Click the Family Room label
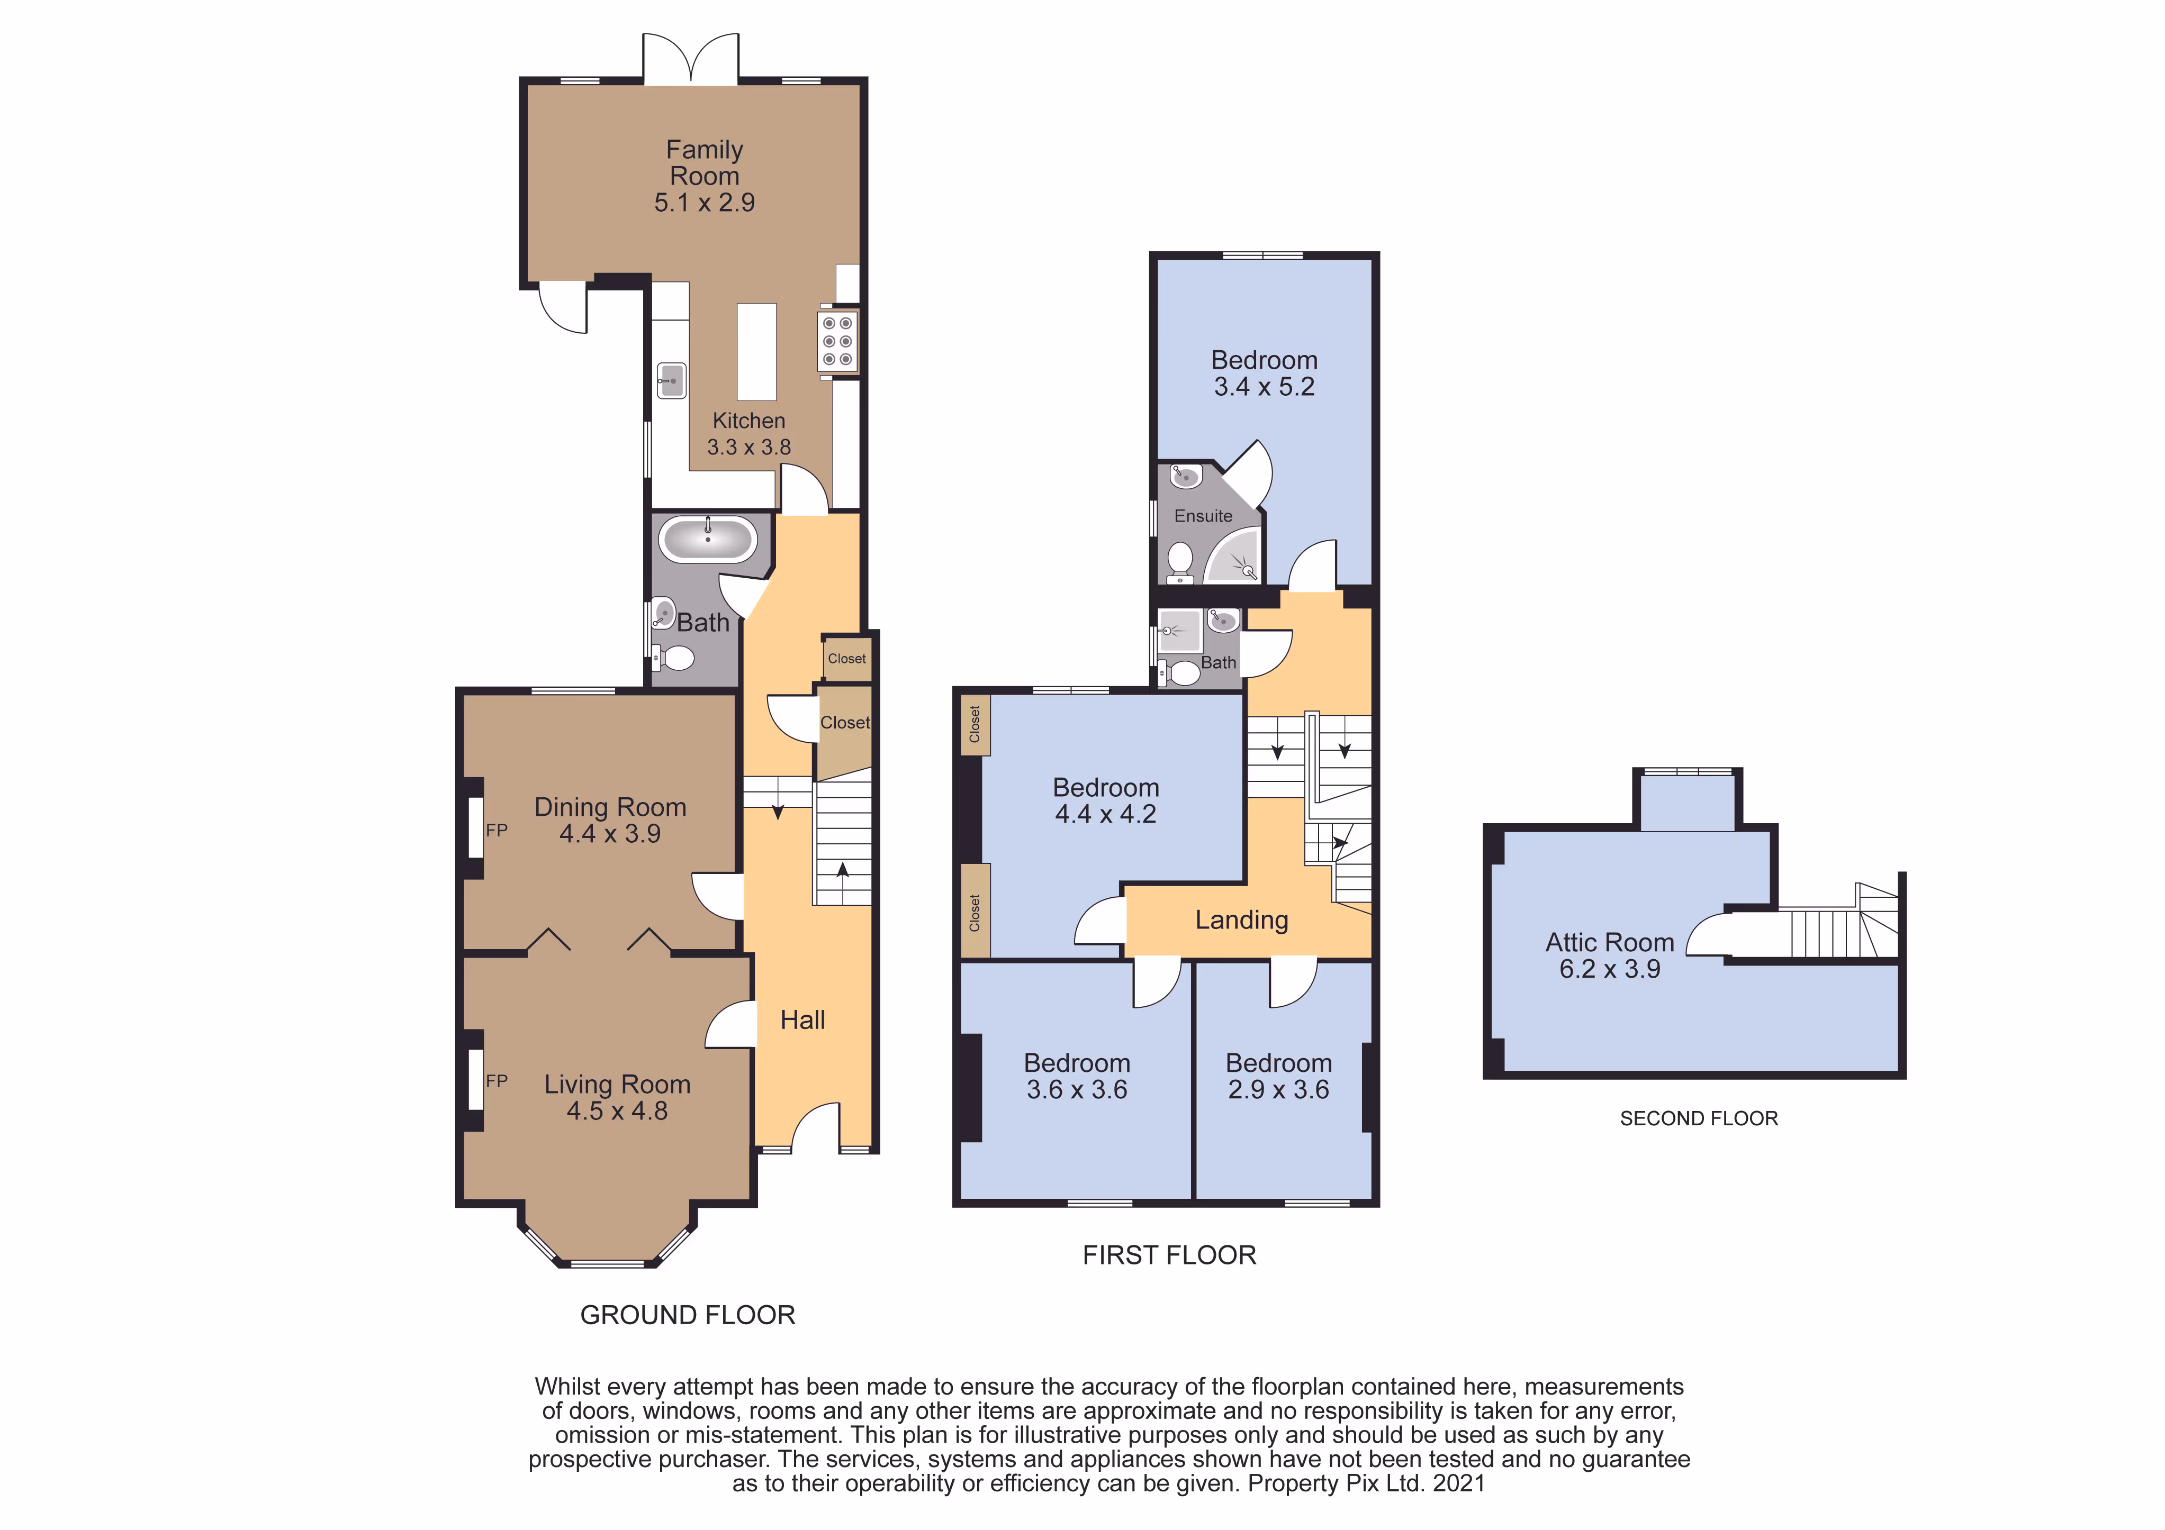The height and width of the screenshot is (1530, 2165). [x=705, y=163]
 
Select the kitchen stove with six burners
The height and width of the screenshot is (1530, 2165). [x=837, y=341]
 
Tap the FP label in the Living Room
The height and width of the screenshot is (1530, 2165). [x=497, y=1081]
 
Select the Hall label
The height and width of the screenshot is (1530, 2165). [x=802, y=1020]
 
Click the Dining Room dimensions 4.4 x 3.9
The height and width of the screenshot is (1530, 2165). [x=610, y=833]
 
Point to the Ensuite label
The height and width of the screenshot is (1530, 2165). [x=1203, y=516]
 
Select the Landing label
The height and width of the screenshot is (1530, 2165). [x=1242, y=920]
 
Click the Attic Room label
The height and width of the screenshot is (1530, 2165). [x=1610, y=943]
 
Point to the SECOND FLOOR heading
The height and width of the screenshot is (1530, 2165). [x=1698, y=1119]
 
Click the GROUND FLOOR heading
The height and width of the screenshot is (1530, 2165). [x=688, y=1315]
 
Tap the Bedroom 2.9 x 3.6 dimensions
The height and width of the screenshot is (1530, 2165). [x=1279, y=1090]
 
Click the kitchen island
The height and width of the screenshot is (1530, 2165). [x=756, y=352]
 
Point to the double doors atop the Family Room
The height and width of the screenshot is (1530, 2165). [x=691, y=58]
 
